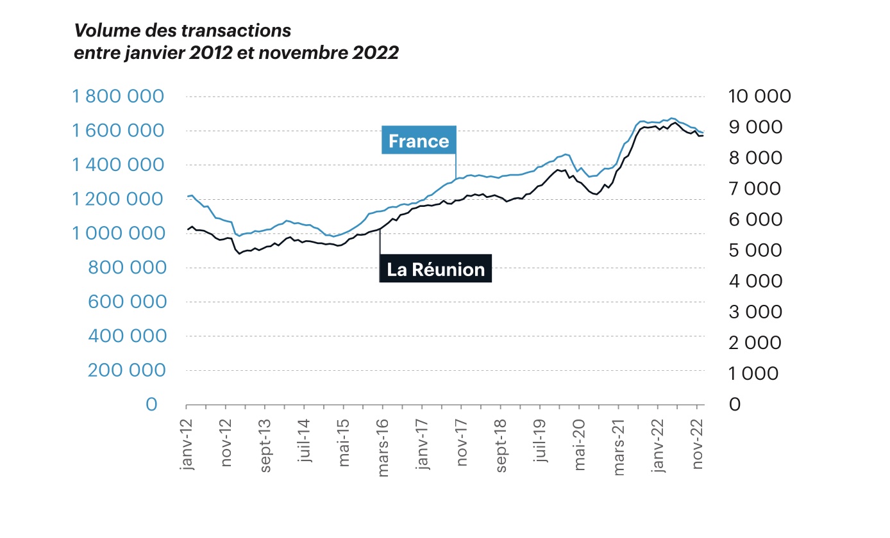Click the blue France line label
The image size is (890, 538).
(x=418, y=141)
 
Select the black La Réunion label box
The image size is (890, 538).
(x=436, y=270)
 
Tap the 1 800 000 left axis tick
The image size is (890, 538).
(x=119, y=97)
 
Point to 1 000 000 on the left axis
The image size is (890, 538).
(x=119, y=234)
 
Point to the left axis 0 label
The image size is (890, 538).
(x=151, y=405)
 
